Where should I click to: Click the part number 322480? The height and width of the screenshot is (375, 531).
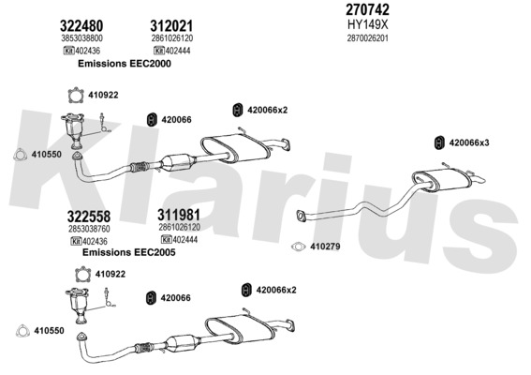click(x=81, y=25)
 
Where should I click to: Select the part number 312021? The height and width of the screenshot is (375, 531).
click(x=171, y=25)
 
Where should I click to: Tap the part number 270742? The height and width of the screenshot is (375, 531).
click(x=367, y=9)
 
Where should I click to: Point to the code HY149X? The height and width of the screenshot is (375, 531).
click(x=368, y=24)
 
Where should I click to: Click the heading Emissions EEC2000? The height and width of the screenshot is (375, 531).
click(x=125, y=64)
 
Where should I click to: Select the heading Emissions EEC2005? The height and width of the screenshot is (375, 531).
click(x=128, y=252)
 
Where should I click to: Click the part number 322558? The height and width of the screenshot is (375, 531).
click(x=89, y=217)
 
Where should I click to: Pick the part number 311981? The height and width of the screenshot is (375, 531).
click(x=179, y=215)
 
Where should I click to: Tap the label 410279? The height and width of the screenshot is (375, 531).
click(x=325, y=247)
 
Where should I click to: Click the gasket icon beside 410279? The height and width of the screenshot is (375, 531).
click(x=299, y=247)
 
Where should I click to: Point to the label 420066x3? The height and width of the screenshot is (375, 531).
click(x=469, y=142)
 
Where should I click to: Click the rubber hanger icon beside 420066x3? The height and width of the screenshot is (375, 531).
click(x=439, y=142)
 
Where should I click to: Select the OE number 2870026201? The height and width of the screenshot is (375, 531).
click(x=367, y=38)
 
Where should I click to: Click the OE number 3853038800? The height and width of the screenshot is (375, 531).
click(x=82, y=38)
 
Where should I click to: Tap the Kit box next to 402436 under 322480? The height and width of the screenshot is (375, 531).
click(x=68, y=51)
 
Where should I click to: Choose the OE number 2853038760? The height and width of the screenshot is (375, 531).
click(x=89, y=229)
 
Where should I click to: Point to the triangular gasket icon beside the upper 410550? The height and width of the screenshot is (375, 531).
click(x=21, y=155)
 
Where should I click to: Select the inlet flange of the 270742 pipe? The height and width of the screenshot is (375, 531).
click(x=301, y=216)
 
